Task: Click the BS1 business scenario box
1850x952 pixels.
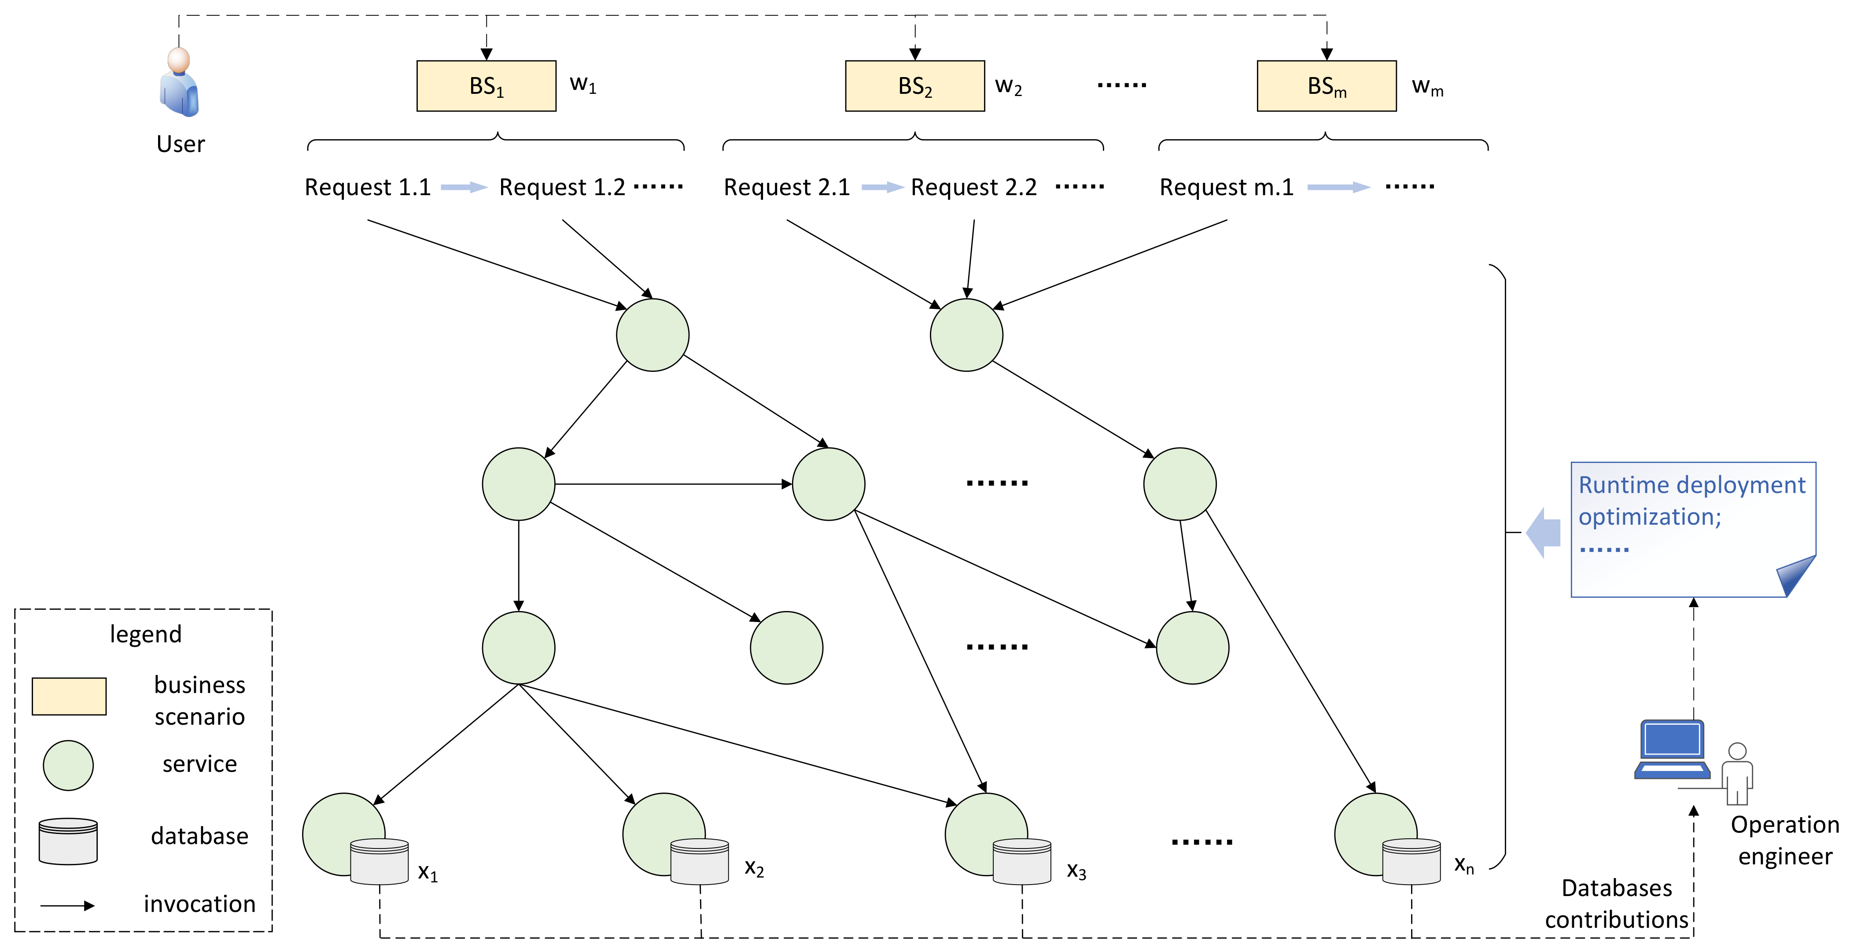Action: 486,86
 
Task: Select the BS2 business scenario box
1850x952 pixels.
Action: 914,86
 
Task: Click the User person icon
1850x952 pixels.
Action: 179,83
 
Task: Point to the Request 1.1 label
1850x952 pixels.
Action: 367,188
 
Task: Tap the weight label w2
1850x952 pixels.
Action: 1008,86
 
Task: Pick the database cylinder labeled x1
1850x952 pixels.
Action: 379,862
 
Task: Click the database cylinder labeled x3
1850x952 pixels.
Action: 1021,862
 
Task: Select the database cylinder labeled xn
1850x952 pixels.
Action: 1411,862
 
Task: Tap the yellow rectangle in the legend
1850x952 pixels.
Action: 69,696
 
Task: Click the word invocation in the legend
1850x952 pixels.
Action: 199,904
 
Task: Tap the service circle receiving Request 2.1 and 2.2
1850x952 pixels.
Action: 966,335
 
